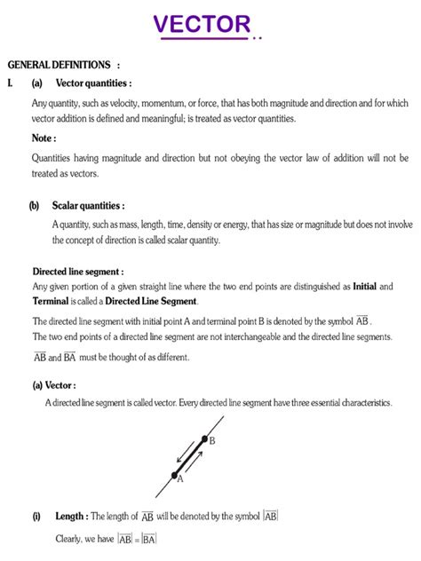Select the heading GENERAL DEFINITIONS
[x=60, y=66]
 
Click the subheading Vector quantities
[x=92, y=83]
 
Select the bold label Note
[x=44, y=138]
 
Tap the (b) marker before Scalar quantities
[x=34, y=205]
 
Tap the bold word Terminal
[x=52, y=302]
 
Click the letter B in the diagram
[x=212, y=440]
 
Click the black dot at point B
[x=203, y=439]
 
